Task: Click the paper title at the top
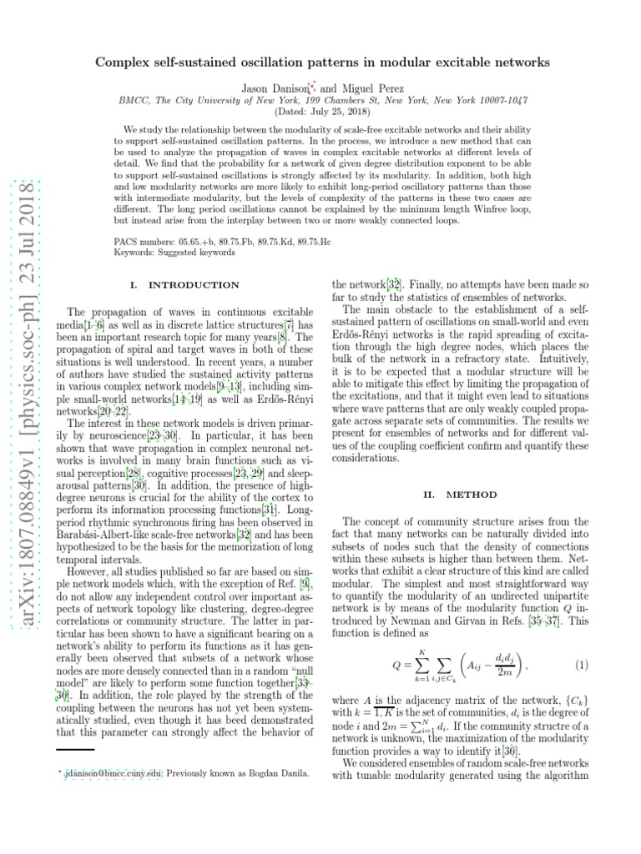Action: (322, 63)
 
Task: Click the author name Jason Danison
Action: (274, 88)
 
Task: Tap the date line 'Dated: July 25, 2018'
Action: (322, 111)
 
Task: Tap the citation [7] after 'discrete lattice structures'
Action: (289, 322)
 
